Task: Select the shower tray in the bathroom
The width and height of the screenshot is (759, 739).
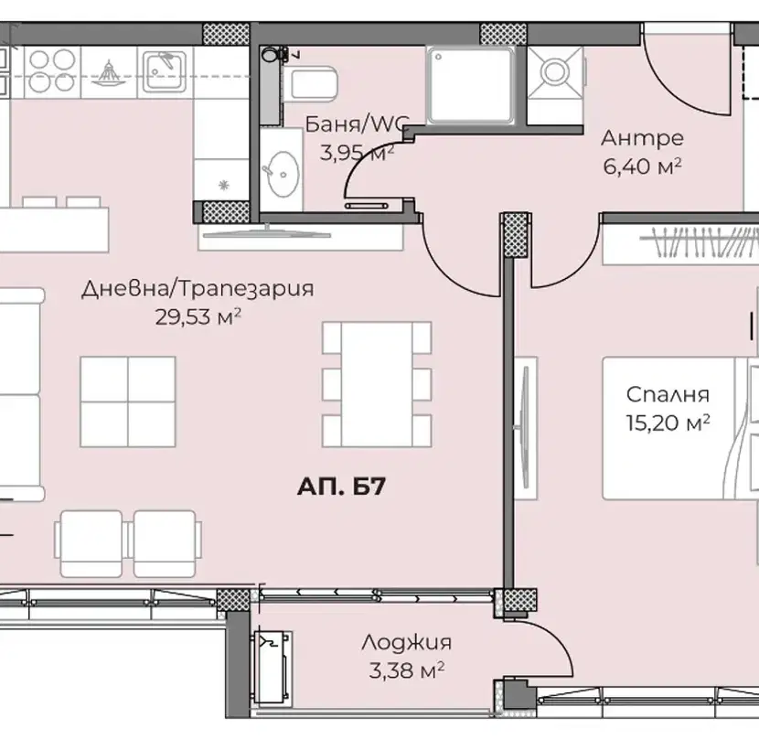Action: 470,85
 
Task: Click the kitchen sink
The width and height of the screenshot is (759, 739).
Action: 164,71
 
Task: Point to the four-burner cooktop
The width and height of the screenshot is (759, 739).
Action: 52,70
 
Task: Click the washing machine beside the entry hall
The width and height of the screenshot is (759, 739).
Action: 555,72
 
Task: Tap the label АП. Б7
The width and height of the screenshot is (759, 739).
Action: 341,487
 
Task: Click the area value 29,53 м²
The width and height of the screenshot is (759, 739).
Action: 198,317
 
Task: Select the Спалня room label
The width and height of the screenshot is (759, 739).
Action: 668,395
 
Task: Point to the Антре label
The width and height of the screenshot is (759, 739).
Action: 642,138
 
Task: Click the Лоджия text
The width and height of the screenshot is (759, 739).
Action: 406,643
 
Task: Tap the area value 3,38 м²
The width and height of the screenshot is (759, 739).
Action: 407,670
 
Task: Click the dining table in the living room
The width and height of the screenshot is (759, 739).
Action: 377,384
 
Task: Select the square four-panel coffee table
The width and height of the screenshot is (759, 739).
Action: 128,402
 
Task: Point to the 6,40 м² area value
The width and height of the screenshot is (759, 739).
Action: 642,166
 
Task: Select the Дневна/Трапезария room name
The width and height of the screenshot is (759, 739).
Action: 198,289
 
